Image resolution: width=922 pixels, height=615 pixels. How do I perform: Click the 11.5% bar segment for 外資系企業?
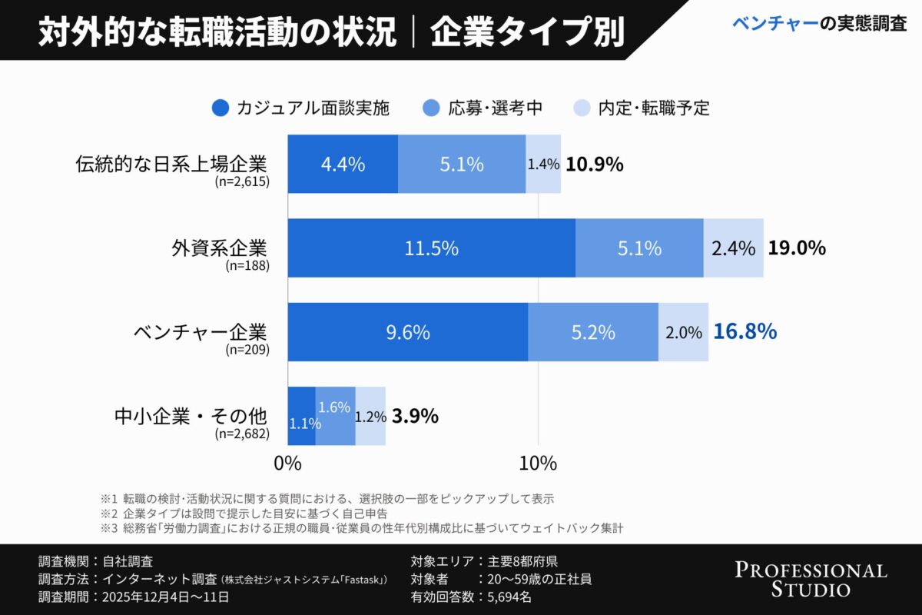431,248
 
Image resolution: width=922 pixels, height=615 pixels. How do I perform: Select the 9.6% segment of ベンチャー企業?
407,332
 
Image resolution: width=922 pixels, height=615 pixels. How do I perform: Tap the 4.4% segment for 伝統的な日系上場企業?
343,164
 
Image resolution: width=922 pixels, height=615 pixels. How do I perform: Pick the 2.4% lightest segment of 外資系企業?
733,248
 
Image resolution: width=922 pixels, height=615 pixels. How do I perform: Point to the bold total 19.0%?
797,248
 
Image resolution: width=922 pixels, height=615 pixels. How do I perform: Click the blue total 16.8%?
745,332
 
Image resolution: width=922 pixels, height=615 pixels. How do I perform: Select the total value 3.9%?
415,416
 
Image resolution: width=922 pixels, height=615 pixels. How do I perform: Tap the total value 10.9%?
594,164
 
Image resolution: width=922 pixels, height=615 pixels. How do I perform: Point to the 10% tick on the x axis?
538,464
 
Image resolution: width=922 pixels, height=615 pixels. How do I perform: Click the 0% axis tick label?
287,464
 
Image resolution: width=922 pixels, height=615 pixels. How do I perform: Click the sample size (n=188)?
247,267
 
